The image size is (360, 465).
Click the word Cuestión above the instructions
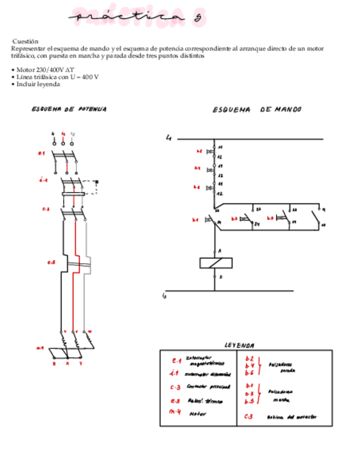25,41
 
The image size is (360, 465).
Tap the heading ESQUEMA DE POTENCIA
69,109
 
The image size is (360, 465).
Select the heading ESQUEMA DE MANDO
257,110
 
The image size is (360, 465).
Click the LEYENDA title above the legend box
239,345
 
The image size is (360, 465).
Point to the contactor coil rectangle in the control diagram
216,263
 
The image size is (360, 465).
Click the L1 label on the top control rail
169,138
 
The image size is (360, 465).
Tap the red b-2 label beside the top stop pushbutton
199,151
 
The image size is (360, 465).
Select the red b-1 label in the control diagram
195,220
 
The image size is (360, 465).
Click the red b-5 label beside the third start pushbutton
271,218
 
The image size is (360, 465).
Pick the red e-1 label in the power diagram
41,153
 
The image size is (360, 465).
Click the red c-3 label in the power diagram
46,209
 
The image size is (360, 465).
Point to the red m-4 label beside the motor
40,348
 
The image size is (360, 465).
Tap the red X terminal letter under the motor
67,364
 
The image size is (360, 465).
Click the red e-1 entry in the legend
176,361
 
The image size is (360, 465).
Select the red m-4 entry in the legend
175,412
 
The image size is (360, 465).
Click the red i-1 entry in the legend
176,374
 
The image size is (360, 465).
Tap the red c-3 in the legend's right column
249,416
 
